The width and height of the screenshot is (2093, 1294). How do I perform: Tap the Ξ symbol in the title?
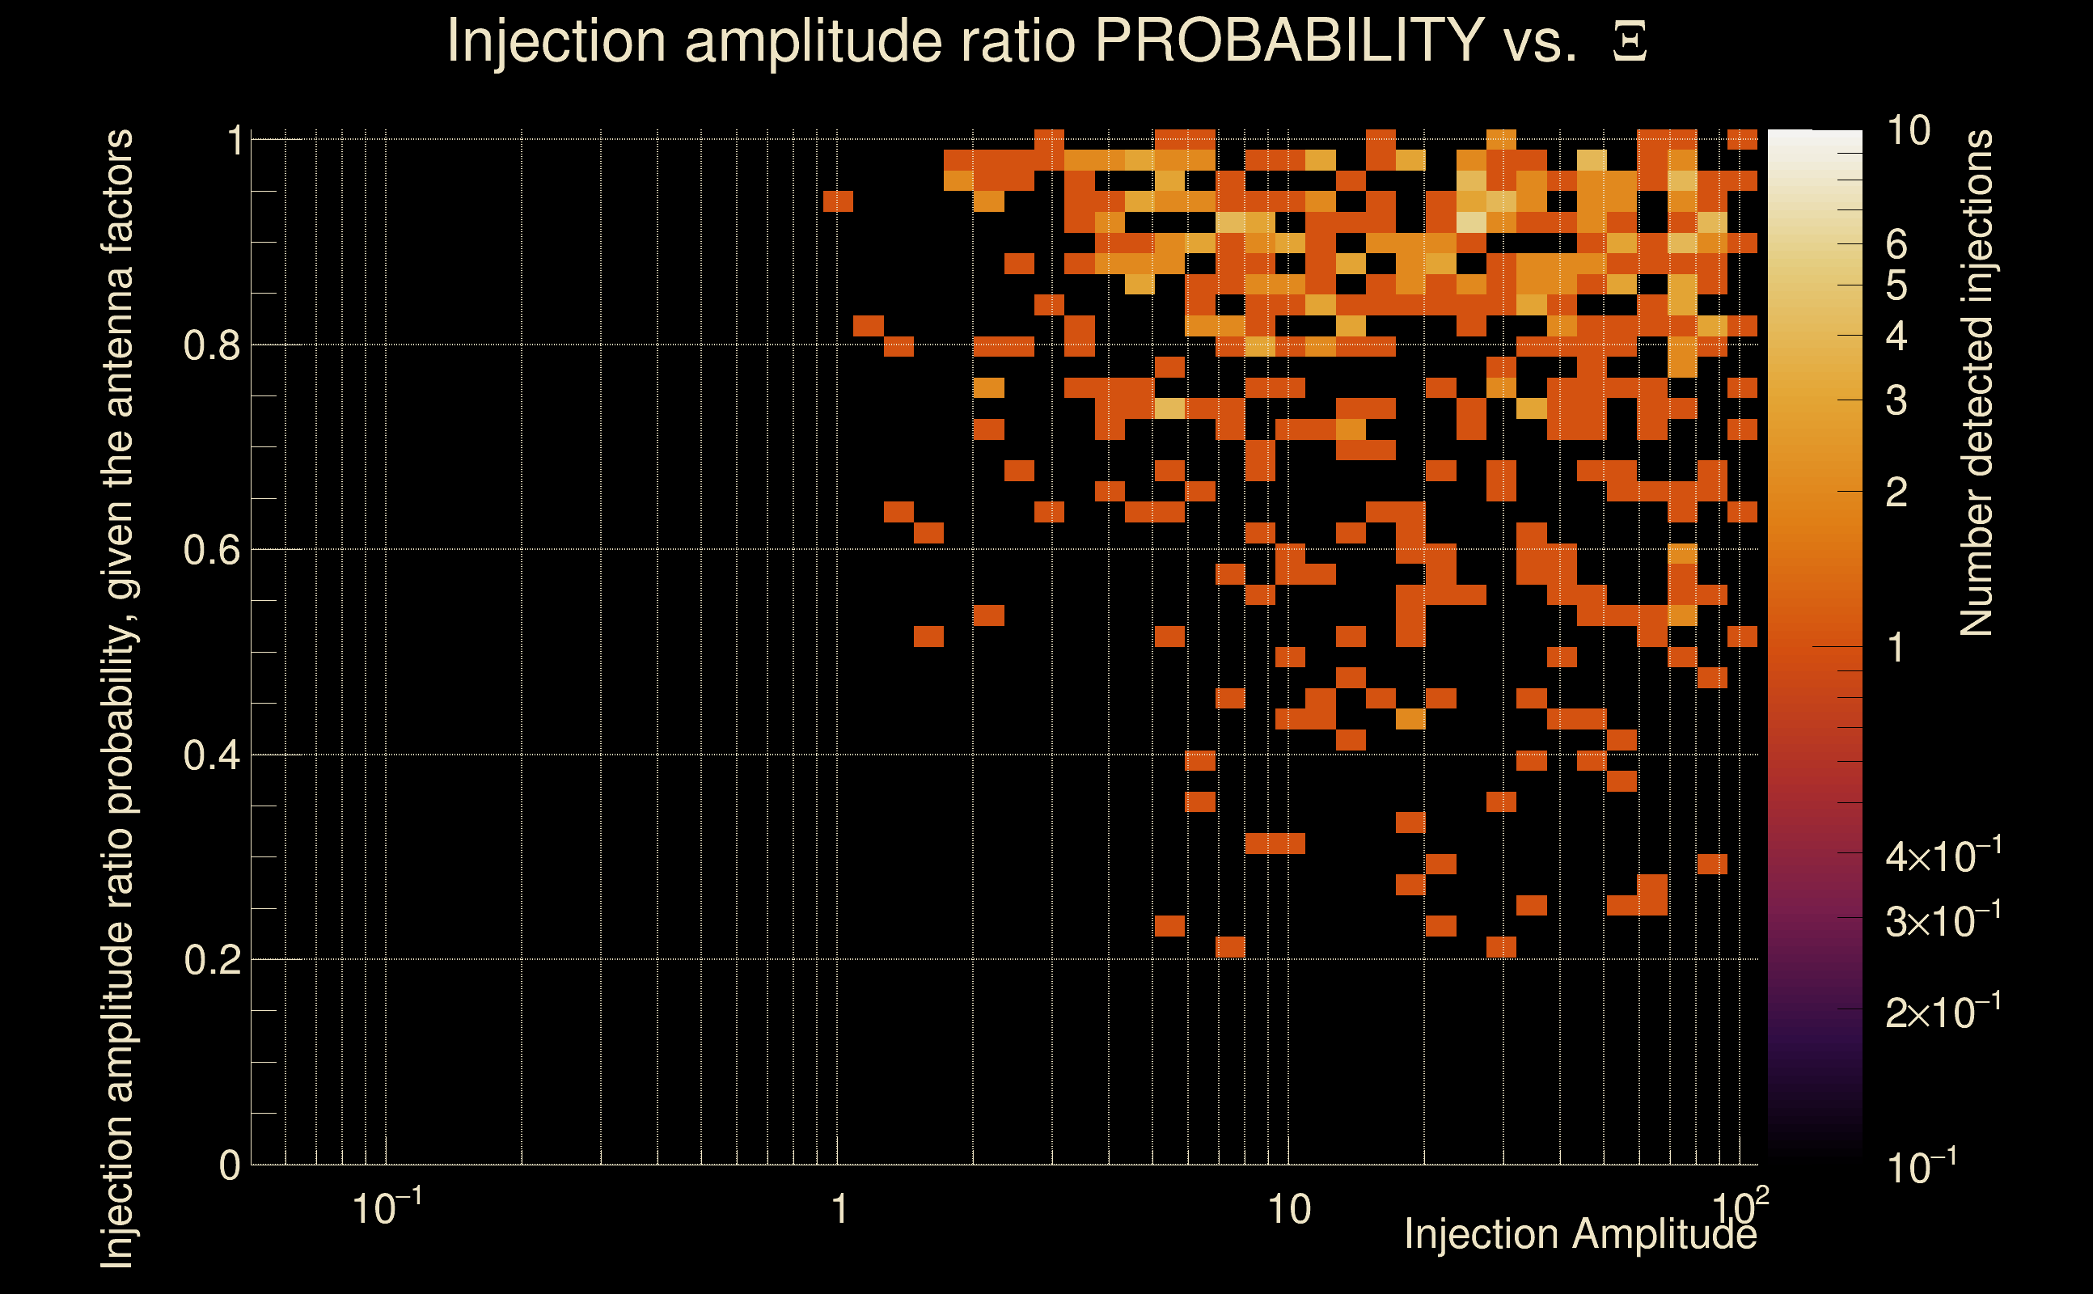[x=1630, y=42]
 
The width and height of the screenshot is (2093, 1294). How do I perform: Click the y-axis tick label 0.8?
[x=211, y=346]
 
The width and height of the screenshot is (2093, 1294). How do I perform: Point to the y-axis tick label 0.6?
[x=211, y=550]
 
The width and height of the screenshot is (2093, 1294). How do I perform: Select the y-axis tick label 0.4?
[x=211, y=755]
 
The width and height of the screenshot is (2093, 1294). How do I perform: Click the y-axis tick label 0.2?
[x=211, y=960]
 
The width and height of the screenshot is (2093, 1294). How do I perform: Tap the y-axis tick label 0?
[x=230, y=1165]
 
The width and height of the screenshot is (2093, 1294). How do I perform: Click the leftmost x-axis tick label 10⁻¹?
[x=386, y=1207]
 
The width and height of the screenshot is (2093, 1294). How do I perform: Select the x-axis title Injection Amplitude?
[x=1580, y=1234]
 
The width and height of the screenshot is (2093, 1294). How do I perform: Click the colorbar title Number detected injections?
[x=1977, y=383]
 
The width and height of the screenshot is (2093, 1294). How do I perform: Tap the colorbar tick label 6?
[x=1896, y=245]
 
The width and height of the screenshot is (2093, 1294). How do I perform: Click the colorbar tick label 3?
[x=1896, y=400]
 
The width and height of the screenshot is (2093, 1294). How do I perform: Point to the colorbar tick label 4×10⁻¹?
[x=1943, y=856]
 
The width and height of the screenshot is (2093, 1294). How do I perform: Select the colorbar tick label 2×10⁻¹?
[x=1943, y=1013]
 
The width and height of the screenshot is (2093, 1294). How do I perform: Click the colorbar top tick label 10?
[x=1908, y=131]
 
